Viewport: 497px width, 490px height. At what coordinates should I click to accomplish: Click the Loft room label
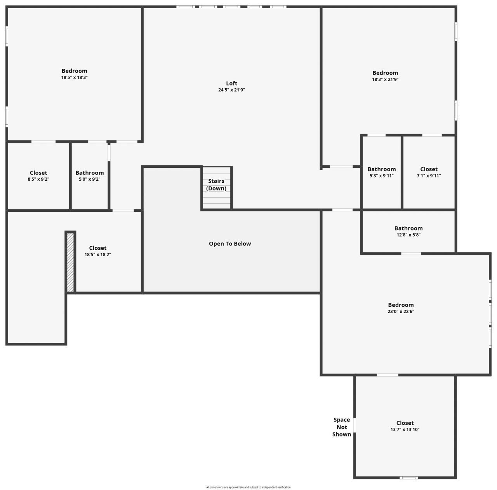(x=231, y=83)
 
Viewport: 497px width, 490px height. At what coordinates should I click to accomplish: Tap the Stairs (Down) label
(x=216, y=185)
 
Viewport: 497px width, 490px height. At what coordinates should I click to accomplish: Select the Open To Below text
(x=230, y=244)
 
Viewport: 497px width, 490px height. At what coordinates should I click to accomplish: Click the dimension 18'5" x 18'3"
(x=74, y=77)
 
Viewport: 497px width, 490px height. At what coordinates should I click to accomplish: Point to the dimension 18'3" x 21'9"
(x=385, y=79)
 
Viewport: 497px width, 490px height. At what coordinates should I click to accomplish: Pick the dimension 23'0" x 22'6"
(x=401, y=311)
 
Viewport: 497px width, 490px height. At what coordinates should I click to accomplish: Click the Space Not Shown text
(x=342, y=427)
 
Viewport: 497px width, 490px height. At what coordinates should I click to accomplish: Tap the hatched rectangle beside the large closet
(x=70, y=262)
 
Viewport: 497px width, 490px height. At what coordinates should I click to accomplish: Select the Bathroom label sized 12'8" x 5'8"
(x=408, y=228)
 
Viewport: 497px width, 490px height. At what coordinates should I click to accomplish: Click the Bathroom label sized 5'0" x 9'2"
(x=90, y=173)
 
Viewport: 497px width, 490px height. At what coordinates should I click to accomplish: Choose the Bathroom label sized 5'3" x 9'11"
(x=382, y=169)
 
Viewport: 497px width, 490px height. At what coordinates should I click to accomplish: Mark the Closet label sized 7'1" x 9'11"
(x=429, y=169)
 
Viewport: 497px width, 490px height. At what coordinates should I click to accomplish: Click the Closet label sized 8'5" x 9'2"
(x=38, y=173)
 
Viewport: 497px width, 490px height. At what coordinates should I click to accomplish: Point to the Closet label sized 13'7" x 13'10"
(x=405, y=423)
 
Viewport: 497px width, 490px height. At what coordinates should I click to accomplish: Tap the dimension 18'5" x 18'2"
(x=98, y=255)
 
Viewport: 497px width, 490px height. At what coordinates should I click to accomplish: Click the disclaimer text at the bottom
(x=248, y=487)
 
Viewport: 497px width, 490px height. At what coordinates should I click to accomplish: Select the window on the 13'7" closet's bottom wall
(x=409, y=478)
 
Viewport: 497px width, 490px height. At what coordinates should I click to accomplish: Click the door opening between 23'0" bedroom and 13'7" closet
(x=388, y=375)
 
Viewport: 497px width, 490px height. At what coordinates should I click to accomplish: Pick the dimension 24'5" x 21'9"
(x=231, y=90)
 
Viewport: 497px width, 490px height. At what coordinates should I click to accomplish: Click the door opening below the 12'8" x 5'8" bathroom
(x=411, y=254)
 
